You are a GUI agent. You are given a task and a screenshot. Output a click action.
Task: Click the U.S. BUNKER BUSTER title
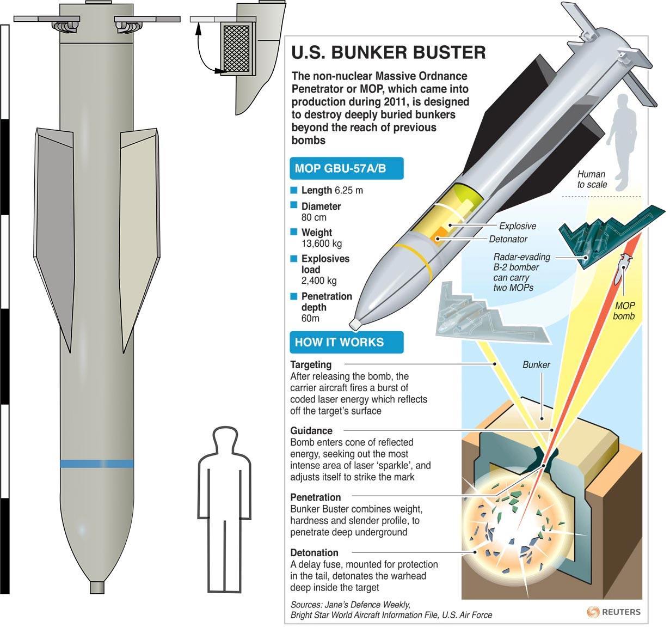tap(389, 52)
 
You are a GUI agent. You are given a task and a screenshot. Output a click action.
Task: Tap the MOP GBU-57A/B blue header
tap(340, 168)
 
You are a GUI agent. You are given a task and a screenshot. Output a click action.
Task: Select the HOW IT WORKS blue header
tap(339, 342)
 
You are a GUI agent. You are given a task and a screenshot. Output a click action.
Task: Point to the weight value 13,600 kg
tap(322, 244)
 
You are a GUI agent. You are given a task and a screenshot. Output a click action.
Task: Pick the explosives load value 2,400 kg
tap(319, 281)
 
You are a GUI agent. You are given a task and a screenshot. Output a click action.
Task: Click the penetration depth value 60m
tap(310, 318)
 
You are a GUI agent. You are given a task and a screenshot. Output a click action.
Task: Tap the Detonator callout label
tap(508, 239)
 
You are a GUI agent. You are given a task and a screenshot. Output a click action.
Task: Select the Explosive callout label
tap(517, 226)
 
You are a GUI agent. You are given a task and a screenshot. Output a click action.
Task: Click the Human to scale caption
tap(592, 179)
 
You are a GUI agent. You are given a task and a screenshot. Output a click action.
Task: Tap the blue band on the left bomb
tap(97, 464)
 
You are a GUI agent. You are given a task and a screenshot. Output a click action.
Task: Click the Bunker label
tap(536, 365)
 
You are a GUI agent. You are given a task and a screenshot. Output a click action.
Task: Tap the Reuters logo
tap(614, 612)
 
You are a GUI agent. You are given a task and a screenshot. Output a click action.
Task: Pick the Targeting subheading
tap(311, 364)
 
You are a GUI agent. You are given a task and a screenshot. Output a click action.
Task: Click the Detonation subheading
tap(314, 552)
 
